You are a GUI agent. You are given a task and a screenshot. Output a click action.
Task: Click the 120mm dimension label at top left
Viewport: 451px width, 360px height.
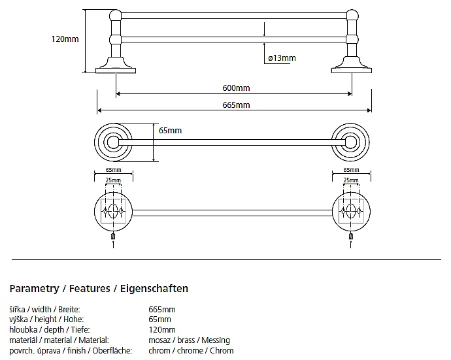pos(65,39)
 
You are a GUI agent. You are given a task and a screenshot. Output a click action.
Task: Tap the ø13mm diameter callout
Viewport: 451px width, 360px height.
pos(282,58)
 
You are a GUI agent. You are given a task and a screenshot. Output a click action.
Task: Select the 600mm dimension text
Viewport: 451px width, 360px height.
pos(237,88)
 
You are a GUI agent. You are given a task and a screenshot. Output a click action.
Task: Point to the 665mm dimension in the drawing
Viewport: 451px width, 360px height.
pos(237,105)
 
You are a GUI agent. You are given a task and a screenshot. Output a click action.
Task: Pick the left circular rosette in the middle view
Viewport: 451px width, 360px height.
pos(112,140)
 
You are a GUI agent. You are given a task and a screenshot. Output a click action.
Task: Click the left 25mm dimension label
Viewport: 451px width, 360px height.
pos(112,180)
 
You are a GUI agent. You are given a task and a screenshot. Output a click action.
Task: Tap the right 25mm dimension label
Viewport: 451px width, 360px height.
pos(350,180)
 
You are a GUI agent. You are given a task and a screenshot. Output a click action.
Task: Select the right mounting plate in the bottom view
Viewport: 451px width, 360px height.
pos(350,210)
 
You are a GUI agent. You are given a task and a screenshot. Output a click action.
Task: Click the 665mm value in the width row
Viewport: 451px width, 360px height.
pos(162,309)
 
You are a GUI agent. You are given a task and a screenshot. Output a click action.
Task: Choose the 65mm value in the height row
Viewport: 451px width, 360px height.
pos(160,319)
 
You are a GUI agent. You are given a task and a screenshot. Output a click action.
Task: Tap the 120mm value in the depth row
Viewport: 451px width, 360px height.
pos(162,330)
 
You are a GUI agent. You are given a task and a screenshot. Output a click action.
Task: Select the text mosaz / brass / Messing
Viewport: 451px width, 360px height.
pos(190,340)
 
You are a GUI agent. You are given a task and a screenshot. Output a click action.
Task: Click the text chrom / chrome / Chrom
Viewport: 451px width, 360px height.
pos(191,351)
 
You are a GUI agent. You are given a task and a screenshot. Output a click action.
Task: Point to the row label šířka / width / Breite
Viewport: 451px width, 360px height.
pos(46,309)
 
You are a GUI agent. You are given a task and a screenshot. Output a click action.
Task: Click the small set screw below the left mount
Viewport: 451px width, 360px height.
pos(114,236)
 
